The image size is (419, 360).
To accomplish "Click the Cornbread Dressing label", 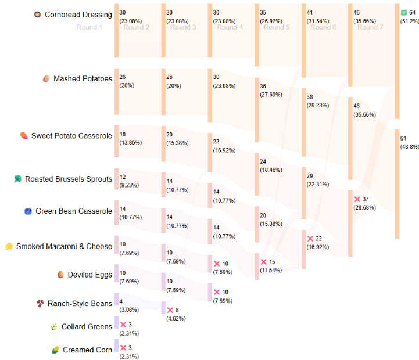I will (78, 14).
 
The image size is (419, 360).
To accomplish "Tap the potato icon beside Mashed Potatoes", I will (46, 78).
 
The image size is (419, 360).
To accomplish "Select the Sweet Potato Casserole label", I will (71, 136).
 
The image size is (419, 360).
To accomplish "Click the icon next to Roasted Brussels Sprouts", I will (18, 179).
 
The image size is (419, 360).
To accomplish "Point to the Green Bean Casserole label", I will (73, 211).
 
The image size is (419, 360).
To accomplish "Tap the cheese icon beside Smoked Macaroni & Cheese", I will (9, 246).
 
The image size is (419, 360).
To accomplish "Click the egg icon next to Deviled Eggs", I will (60, 275).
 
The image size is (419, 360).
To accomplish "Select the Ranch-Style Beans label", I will (80, 303).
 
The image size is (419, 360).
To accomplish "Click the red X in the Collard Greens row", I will (123, 324).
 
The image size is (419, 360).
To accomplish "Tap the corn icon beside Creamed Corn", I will (55, 350).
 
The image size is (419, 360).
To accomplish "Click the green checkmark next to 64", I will (404, 12).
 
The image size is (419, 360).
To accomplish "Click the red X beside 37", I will (357, 199).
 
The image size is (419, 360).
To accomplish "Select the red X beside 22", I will (310, 239).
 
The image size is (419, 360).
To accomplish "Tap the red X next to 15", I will (263, 262).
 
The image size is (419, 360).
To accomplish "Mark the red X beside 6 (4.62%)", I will (170, 310).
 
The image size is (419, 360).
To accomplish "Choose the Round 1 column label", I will (89, 27).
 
